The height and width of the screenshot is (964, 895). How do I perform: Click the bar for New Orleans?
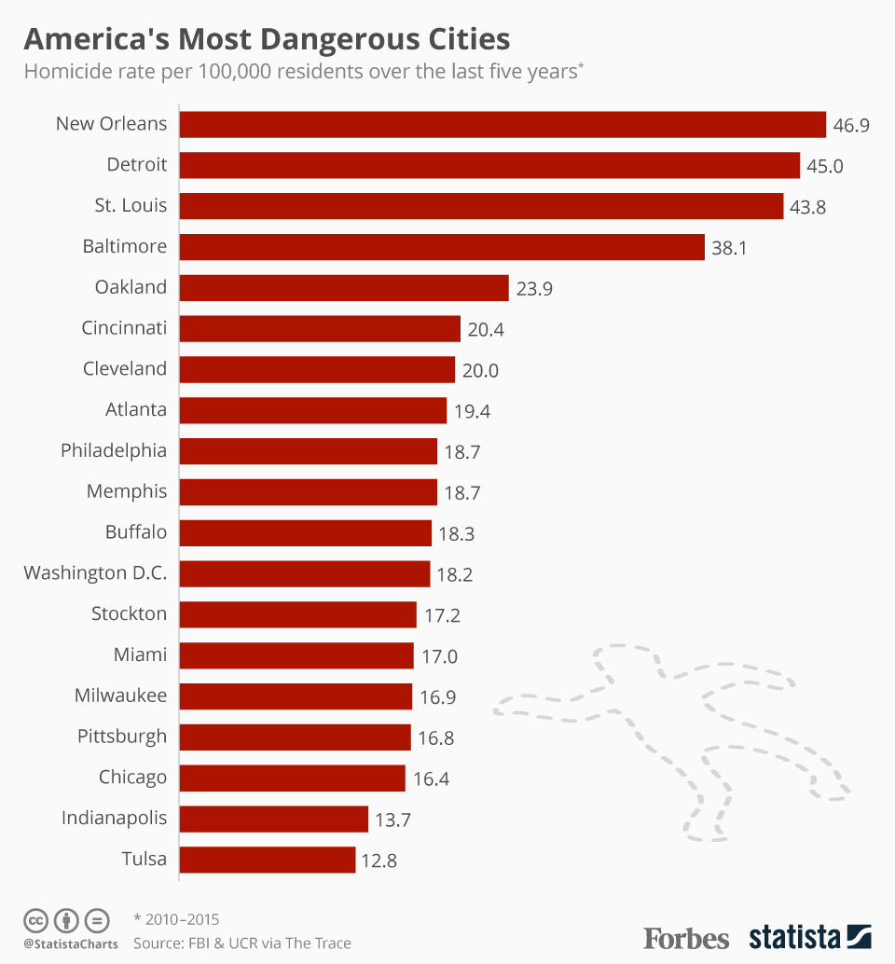pyautogui.click(x=502, y=124)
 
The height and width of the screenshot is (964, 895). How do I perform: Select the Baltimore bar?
pyautogui.click(x=441, y=247)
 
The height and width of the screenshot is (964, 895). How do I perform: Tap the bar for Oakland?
pyautogui.click(x=343, y=288)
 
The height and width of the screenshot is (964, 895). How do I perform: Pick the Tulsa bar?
pyautogui.click(x=267, y=860)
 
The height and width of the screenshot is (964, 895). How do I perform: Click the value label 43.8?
pyautogui.click(x=807, y=207)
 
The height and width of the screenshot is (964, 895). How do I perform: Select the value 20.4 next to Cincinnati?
pyautogui.click(x=486, y=329)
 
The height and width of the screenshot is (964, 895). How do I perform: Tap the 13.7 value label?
pyautogui.click(x=392, y=819)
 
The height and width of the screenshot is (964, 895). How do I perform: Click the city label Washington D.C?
pyautogui.click(x=95, y=573)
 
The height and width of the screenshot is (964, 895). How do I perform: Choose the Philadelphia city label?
pyautogui.click(x=114, y=451)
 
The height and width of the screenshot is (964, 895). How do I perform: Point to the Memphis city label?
pyautogui.click(x=127, y=492)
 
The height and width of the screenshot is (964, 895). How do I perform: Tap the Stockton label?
pyautogui.click(x=129, y=614)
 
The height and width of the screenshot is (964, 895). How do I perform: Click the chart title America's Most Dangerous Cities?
pyautogui.click(x=267, y=39)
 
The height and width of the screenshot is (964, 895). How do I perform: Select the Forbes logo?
pyautogui.click(x=686, y=936)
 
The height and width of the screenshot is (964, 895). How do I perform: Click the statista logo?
pyautogui.click(x=809, y=936)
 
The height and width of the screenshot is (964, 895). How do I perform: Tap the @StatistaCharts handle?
pyautogui.click(x=71, y=944)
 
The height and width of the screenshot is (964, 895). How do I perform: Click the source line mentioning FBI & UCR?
pyautogui.click(x=242, y=943)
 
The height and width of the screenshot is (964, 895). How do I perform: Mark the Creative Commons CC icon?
pyautogui.click(x=36, y=920)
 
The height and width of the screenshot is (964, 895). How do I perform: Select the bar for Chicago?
pyautogui.click(x=292, y=778)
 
